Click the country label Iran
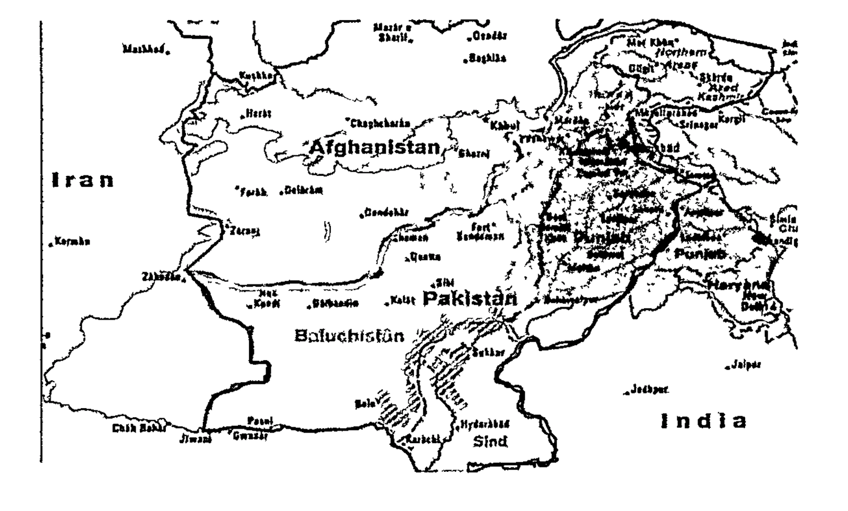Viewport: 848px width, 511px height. pos(83,181)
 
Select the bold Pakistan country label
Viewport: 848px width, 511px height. pos(470,298)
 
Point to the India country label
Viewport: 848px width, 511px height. pos(703,422)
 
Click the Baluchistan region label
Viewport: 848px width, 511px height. pos(349,336)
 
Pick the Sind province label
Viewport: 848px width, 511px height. pos(490,441)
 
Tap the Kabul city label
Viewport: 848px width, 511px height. pos(505,126)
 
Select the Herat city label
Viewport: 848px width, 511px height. pos(258,114)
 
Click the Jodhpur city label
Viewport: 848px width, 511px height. pos(649,390)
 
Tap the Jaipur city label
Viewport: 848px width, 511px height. pos(746,365)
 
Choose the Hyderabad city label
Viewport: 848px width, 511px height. pos(485,424)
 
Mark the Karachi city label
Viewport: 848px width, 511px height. pos(423,440)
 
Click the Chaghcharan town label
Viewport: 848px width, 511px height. pos(381,123)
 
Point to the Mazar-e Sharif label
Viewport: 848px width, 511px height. pos(393,33)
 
